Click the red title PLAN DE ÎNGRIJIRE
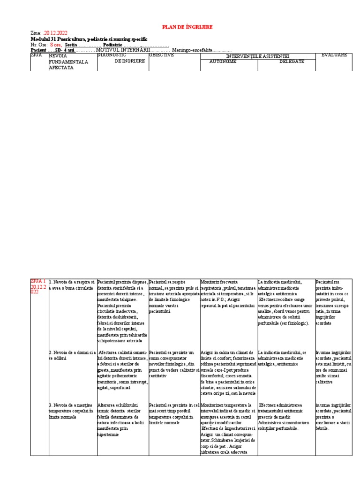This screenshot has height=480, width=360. (x=187, y=27)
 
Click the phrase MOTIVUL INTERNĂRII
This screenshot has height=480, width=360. (x=123, y=50)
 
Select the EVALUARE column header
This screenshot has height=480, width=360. (x=334, y=55)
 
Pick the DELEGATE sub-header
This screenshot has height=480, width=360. (x=292, y=62)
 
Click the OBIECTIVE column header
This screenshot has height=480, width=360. (x=162, y=55)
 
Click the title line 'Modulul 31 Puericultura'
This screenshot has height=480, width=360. (x=89, y=39)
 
